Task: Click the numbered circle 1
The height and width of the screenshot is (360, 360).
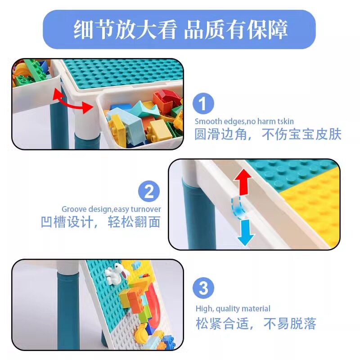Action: (x=203, y=103)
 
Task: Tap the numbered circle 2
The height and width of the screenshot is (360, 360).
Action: (x=149, y=191)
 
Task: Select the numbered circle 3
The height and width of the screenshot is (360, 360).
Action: (x=203, y=288)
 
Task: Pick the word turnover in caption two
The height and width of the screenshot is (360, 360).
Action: (x=146, y=209)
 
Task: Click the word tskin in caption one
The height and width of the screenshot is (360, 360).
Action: (x=284, y=121)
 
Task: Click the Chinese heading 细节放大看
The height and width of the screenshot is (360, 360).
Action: (x=126, y=30)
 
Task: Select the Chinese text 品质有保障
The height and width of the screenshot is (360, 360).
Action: (x=236, y=30)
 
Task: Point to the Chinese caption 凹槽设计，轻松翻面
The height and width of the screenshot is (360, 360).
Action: (x=100, y=222)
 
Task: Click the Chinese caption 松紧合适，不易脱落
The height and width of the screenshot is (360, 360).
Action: (x=256, y=323)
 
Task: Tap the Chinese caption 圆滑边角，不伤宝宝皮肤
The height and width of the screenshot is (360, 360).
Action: (x=268, y=134)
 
